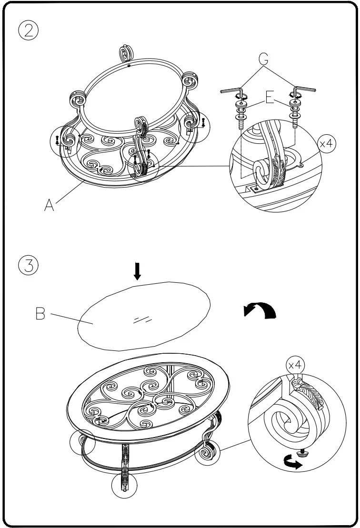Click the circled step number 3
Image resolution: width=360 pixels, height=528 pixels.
[28, 265]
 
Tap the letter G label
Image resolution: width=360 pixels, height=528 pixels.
[263, 59]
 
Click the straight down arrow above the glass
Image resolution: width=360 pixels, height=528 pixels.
[138, 271]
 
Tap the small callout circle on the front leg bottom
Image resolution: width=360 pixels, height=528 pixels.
[124, 487]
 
